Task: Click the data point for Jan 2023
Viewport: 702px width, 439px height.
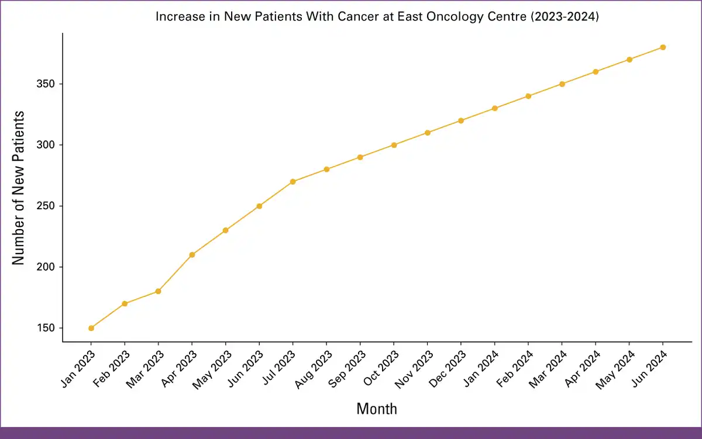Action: [x=91, y=328]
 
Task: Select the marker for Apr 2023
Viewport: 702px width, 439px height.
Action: [x=192, y=255]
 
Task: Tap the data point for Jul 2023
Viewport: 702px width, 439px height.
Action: [x=293, y=182]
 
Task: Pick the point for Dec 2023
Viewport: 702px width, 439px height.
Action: [x=461, y=120]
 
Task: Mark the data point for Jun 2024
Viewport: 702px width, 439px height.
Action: [x=663, y=47]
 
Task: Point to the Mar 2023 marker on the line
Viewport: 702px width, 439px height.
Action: [x=159, y=291]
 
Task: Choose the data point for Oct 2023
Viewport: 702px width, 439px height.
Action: [x=394, y=145]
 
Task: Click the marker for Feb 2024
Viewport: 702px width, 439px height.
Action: [x=528, y=96]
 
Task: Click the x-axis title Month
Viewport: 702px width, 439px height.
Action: [x=377, y=409]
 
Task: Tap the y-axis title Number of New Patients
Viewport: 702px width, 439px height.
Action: [x=19, y=187]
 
